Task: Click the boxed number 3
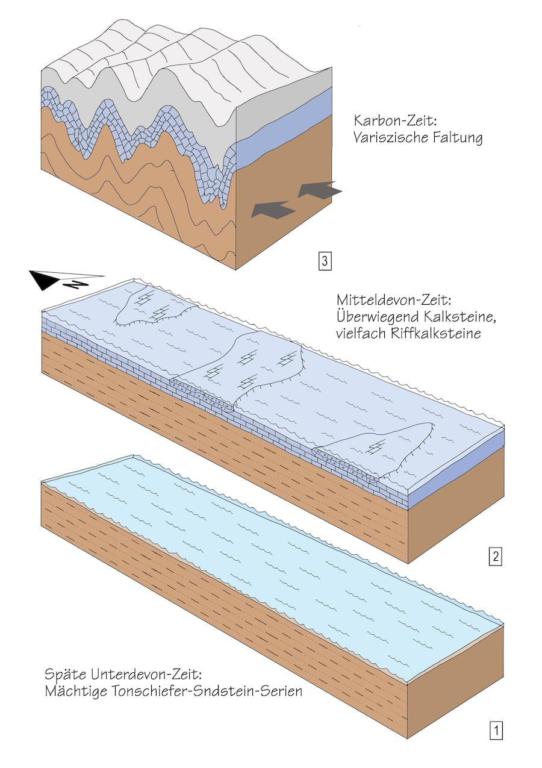(x=325, y=261)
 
